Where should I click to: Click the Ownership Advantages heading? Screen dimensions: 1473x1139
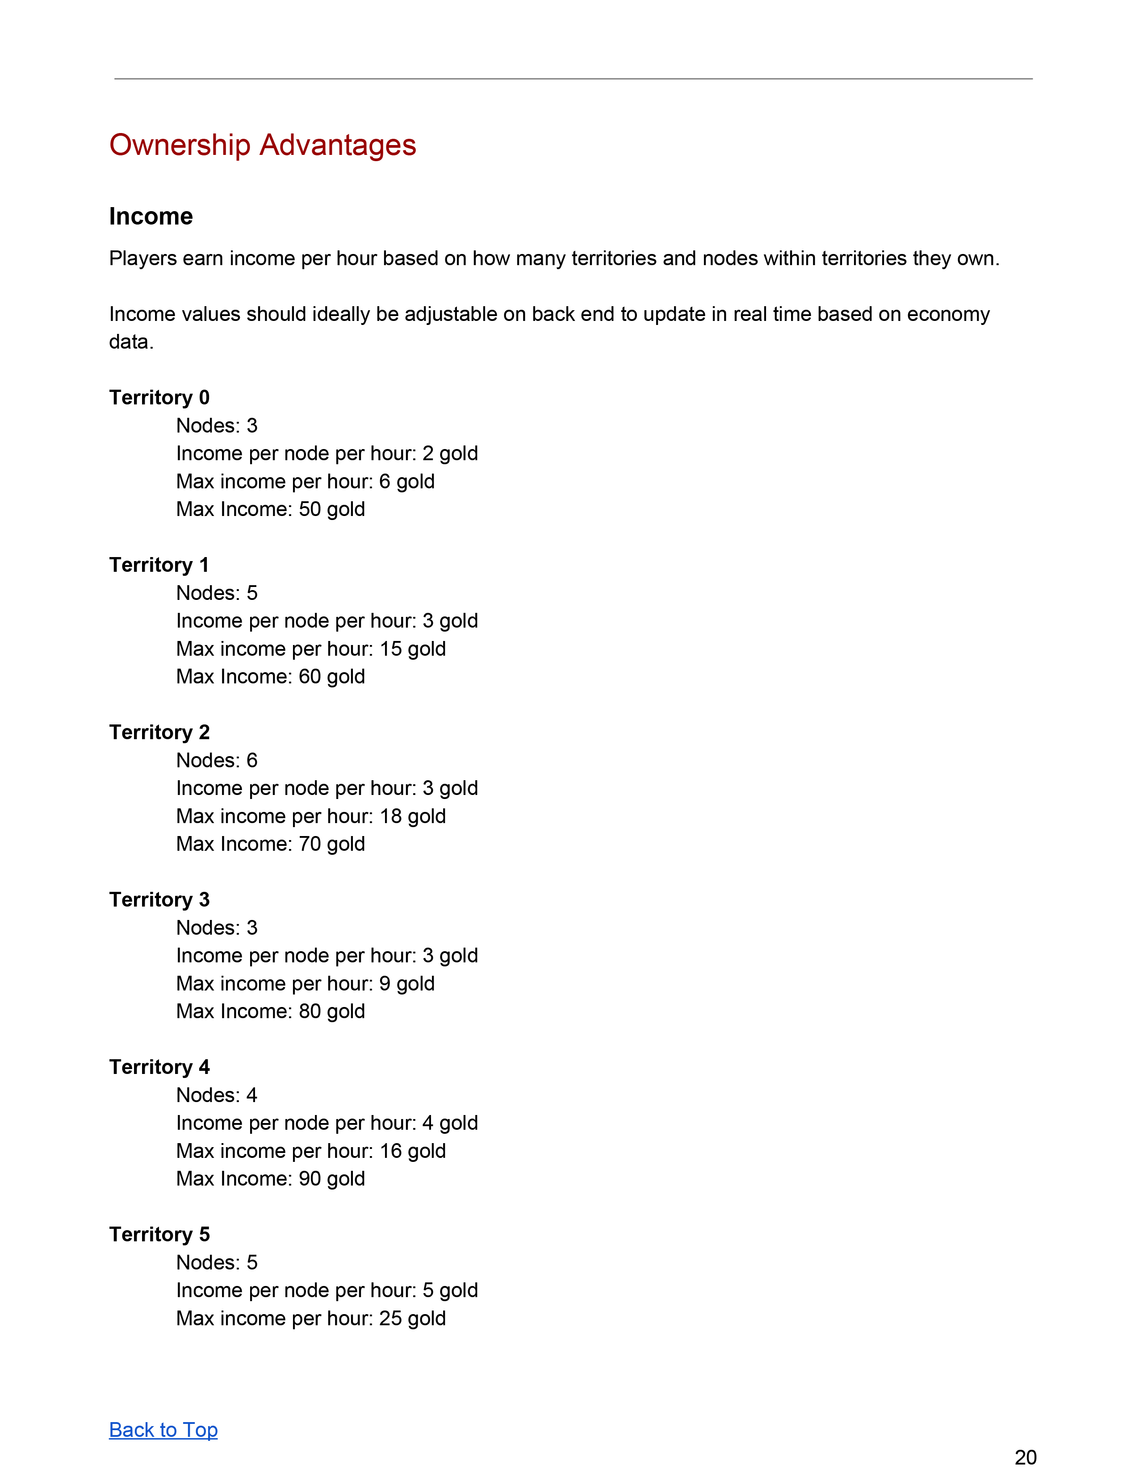(263, 145)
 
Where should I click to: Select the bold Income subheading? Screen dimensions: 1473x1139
(151, 216)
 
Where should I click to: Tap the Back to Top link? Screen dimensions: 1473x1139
(163, 1429)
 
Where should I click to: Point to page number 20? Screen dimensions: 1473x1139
(1025, 1457)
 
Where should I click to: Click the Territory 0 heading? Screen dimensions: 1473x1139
(159, 397)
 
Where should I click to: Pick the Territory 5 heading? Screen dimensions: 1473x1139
(159, 1234)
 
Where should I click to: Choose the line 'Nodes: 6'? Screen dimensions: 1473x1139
(217, 760)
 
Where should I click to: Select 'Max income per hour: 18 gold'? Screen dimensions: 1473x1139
(310, 816)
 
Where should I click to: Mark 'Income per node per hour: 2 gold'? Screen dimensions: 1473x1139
(327, 453)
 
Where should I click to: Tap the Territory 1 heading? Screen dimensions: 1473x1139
(159, 565)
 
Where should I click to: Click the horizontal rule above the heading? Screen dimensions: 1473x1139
(573, 79)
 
